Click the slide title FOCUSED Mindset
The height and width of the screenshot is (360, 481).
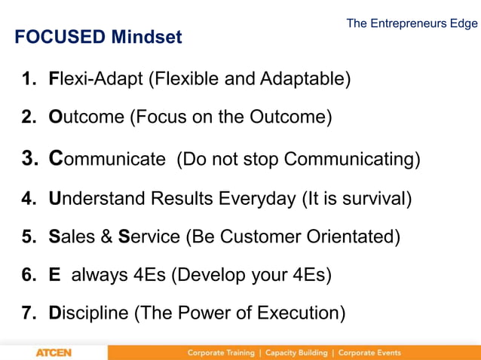pos(98,37)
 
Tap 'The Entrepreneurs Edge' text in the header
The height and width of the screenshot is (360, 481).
pos(412,23)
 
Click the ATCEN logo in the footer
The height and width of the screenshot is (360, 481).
pos(54,352)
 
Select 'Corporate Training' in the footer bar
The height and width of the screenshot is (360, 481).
pos(222,352)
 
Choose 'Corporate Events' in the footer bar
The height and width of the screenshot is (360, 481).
pos(369,352)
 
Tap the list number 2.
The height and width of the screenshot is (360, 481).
pos(28,117)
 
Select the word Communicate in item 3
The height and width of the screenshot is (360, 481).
pos(106,159)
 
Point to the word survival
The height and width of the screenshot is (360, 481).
pos(375,199)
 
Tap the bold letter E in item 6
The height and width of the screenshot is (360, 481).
pos(54,275)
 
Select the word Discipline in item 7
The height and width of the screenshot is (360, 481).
pos(88,313)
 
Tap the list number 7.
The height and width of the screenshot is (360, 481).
pos(28,313)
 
